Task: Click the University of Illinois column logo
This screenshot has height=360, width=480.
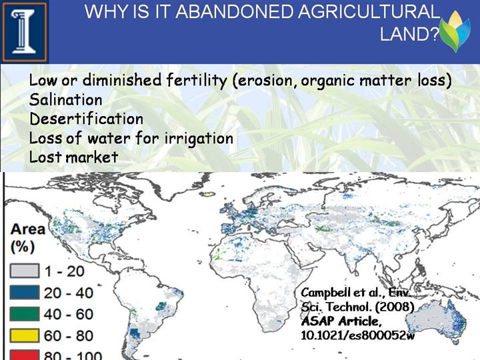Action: (x=25, y=31)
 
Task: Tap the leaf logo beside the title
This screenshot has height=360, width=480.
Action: (x=455, y=31)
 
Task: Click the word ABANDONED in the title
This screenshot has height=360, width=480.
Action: (x=235, y=11)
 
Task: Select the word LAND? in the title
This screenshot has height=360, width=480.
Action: (x=409, y=33)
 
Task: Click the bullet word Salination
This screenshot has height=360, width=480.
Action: (x=65, y=100)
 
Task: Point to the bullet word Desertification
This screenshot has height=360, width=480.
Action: (x=86, y=119)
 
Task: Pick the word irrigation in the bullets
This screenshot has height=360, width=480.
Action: (x=199, y=139)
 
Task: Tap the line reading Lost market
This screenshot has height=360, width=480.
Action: (x=73, y=157)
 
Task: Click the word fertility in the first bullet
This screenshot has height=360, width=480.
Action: (x=197, y=81)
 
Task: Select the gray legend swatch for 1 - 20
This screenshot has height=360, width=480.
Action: (x=25, y=271)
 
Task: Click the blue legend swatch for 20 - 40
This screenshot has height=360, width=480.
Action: (x=25, y=293)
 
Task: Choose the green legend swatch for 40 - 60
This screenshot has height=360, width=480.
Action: (x=25, y=314)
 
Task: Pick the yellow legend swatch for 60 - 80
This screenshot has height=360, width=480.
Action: (x=25, y=335)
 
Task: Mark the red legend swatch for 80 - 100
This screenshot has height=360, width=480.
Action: (x=25, y=355)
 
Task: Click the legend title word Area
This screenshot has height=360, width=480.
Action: (x=28, y=229)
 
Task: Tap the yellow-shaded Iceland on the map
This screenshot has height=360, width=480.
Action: (x=208, y=194)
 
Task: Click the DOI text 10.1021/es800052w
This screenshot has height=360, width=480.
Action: (x=357, y=335)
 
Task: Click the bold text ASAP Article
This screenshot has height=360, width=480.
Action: (x=341, y=321)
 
